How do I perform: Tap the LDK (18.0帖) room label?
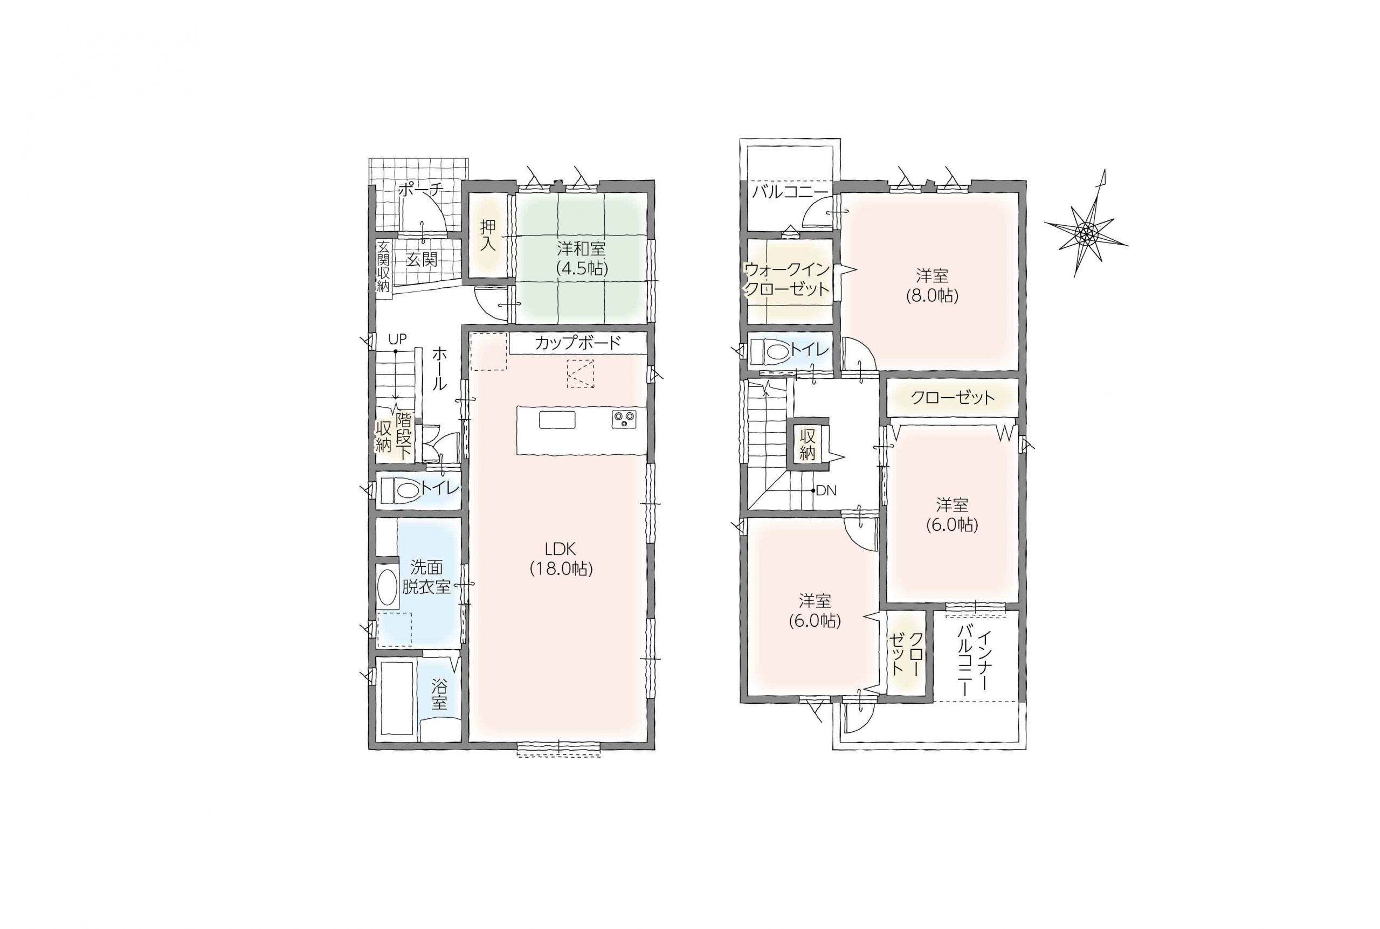[561, 558]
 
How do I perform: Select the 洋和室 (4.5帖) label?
[581, 258]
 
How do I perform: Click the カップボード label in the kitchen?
[577, 343]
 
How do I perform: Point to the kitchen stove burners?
[624, 419]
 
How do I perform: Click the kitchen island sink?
[556, 419]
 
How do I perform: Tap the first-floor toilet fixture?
[400, 490]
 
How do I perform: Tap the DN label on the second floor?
[826, 490]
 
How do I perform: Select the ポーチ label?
[420, 190]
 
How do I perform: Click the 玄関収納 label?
[383, 266]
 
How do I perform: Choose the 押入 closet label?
[488, 235]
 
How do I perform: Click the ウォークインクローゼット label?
[787, 279]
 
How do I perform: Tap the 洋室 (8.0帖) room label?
[932, 285]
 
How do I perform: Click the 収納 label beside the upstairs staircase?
[808, 445]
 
